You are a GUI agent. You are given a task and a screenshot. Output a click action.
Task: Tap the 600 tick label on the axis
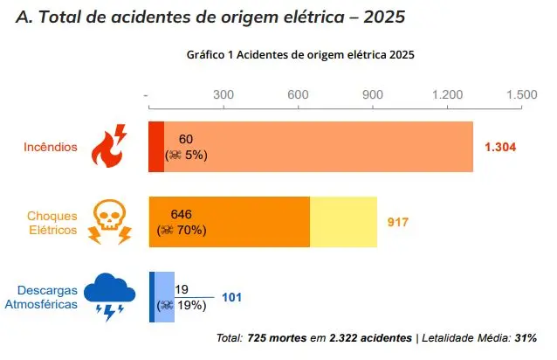click(299, 94)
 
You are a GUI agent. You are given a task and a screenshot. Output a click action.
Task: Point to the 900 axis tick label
click(374, 94)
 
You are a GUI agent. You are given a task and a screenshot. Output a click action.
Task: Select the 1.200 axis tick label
click(449, 94)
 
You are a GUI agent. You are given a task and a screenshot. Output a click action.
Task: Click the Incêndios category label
click(51, 147)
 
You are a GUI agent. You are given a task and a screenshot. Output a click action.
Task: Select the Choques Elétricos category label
click(52, 223)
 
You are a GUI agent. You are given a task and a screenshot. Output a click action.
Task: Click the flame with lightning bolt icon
click(110, 147)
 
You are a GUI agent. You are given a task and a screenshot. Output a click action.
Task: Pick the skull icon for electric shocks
click(110, 222)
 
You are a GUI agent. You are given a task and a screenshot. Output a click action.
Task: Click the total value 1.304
click(500, 147)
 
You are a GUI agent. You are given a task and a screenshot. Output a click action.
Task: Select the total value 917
click(397, 222)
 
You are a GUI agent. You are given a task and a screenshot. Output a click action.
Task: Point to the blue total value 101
click(231, 297)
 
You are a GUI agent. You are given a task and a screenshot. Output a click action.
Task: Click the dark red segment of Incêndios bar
click(156, 147)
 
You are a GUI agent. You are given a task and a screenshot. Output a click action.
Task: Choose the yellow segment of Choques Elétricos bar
click(343, 222)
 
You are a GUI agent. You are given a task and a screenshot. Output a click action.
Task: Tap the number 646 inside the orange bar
click(181, 214)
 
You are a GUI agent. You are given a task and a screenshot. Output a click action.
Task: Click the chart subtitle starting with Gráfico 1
click(299, 53)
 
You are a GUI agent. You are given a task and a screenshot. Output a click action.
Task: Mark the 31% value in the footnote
click(525, 337)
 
